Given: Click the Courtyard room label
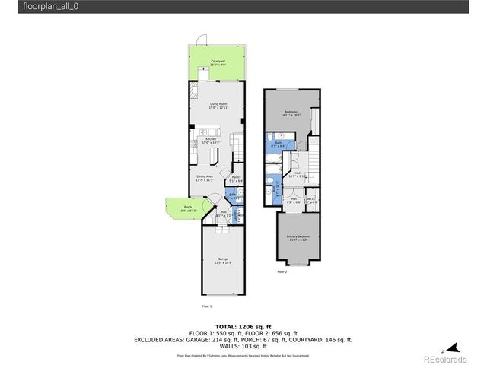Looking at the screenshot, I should click(x=217, y=62).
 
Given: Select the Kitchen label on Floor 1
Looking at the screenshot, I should click(x=212, y=141).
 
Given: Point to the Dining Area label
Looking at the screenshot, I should click(x=204, y=178).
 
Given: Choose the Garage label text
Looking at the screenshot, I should click(x=222, y=259).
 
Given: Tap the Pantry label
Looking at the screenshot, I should click(x=236, y=180).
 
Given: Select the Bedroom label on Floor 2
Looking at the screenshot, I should click(x=291, y=113).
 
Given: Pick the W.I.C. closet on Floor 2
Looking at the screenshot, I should click(x=310, y=200).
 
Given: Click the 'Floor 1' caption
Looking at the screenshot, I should click(x=206, y=306).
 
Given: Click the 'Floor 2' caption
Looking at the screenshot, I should click(x=282, y=271).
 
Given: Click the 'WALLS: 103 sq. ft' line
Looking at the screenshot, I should click(x=243, y=346).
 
